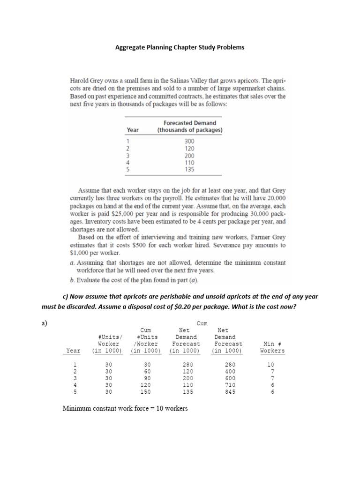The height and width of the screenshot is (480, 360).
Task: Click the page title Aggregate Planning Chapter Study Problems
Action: point(180,48)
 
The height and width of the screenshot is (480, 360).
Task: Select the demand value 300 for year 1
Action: point(189,140)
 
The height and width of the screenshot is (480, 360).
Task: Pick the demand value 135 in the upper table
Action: point(189,170)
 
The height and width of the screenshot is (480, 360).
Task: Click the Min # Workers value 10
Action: point(272,364)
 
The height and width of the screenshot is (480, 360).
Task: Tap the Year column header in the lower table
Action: point(74,351)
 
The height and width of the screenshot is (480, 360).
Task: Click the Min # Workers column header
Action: point(272,347)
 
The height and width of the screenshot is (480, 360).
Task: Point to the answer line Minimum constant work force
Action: point(125,408)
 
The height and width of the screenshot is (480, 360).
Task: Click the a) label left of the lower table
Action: point(45,323)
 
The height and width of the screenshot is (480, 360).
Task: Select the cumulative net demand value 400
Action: point(227,371)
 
